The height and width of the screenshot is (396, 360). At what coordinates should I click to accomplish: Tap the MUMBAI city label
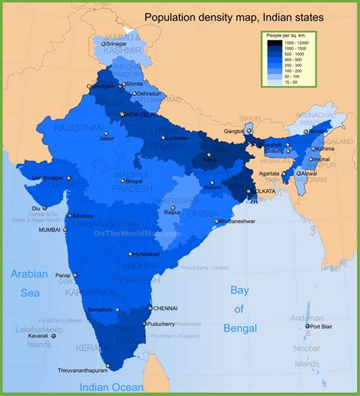pyautogui.click(x=49, y=229)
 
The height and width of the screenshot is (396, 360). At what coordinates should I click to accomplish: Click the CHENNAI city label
pyautogui.click(x=165, y=309)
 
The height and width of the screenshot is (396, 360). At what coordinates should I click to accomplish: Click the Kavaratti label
pyautogui.click(x=33, y=335)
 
